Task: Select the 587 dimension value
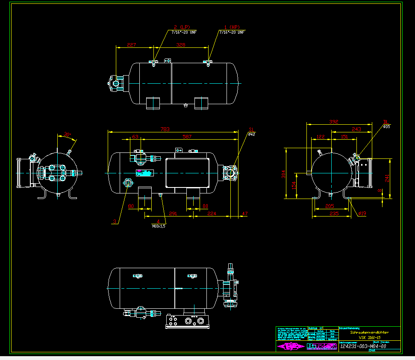point(187,137)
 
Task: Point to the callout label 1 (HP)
point(232,27)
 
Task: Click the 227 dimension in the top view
point(132,45)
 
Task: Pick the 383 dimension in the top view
point(181,45)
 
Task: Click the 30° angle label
point(67,134)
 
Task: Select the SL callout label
point(252,129)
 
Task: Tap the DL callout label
point(386,122)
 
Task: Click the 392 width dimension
point(334,122)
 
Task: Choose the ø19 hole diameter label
point(362,213)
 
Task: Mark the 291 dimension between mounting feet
point(173,213)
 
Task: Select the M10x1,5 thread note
point(159,226)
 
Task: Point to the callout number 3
point(115,222)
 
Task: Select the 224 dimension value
point(212,213)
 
